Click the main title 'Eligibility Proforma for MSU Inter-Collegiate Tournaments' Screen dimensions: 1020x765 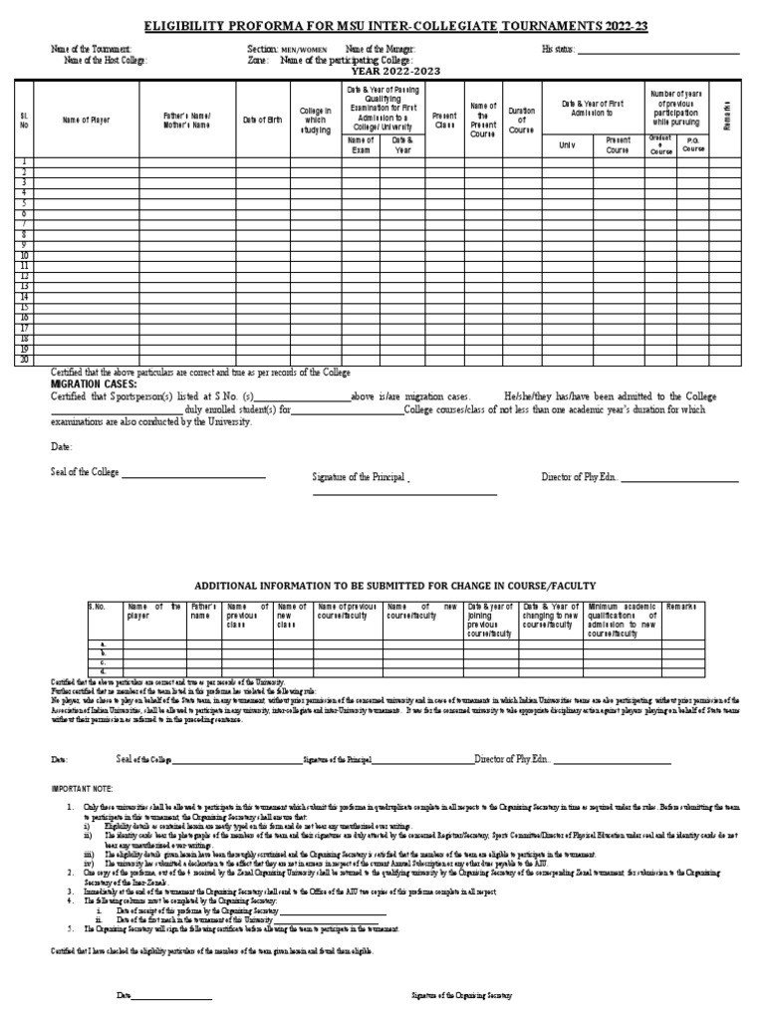(382, 24)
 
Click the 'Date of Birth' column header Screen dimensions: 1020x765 (263, 121)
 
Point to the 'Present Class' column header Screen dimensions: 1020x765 (444, 121)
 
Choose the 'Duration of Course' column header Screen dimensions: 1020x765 (521, 121)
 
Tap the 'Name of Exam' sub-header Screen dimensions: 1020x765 (361, 145)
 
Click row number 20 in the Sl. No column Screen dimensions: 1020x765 (24, 360)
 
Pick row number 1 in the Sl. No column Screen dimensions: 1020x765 (24, 161)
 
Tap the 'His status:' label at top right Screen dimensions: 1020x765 (558, 48)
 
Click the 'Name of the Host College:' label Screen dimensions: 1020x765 (105, 60)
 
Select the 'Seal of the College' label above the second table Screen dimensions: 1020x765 (86, 472)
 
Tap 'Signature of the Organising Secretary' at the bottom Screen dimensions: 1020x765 (462, 995)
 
